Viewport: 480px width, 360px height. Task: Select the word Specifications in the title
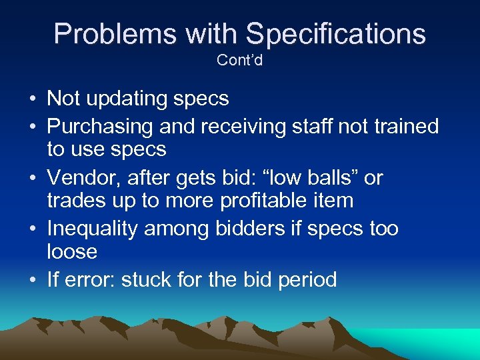335,33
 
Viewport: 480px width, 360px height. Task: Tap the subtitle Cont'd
240,60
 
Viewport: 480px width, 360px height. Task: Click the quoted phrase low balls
311,178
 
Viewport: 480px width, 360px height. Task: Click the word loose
72,252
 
